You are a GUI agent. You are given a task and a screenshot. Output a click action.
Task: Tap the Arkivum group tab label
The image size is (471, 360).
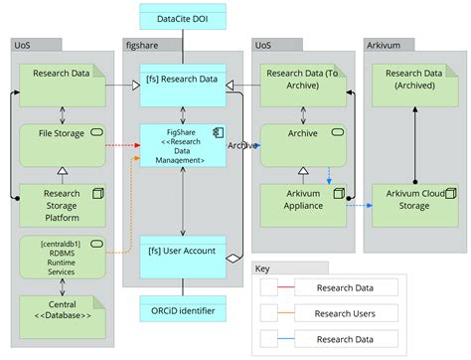(x=387, y=45)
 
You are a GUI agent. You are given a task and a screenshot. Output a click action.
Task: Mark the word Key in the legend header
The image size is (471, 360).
(x=263, y=269)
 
